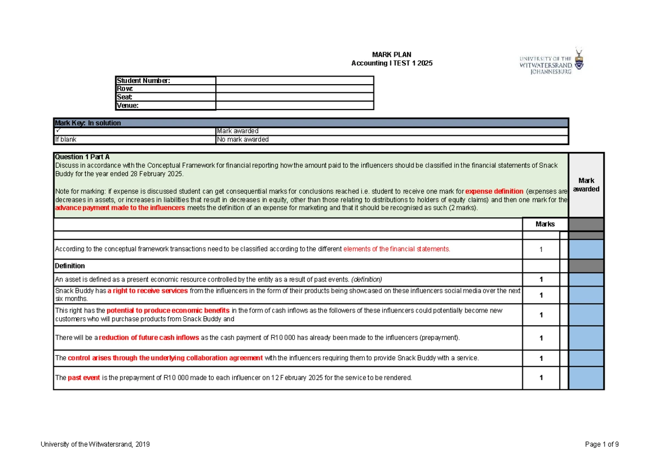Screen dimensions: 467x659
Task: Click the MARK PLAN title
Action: point(392,54)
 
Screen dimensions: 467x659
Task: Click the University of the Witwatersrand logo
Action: point(551,61)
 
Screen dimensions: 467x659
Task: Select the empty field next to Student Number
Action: point(294,81)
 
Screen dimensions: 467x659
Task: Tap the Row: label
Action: point(125,89)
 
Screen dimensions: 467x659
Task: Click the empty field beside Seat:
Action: point(294,97)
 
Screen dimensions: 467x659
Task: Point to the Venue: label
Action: point(127,106)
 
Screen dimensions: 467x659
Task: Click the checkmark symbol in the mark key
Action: point(57,131)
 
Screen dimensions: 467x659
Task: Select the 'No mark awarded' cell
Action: point(243,140)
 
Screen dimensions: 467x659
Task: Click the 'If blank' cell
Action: point(65,140)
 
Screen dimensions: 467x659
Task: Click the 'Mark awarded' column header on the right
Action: point(586,185)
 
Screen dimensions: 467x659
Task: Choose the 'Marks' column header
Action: point(545,224)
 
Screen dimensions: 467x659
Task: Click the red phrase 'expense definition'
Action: point(494,191)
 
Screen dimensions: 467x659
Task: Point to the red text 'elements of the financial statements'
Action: point(396,249)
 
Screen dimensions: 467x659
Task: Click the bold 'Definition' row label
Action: point(70,266)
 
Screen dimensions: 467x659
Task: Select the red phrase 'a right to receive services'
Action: point(148,290)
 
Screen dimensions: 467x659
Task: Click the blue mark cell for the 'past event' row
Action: point(586,378)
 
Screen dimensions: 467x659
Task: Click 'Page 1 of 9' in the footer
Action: point(602,444)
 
